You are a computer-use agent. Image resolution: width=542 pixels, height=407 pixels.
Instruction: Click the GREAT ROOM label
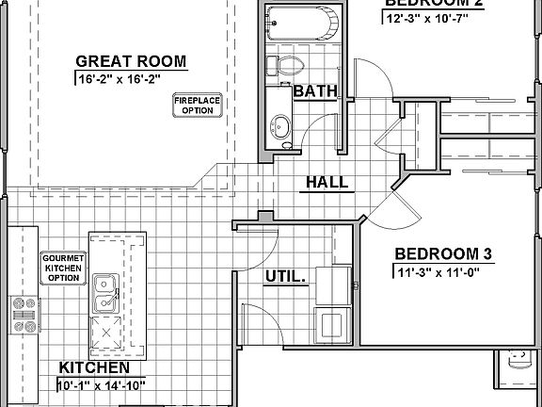[x=131, y=62]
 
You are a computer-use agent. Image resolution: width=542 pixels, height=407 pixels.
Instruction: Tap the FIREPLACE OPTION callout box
[x=197, y=105]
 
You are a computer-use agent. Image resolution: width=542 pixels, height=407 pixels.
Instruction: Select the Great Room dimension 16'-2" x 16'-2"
[x=131, y=80]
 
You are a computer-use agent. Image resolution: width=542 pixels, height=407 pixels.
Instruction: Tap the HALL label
[x=326, y=182]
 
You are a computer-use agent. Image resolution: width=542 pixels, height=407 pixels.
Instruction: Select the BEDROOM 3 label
[x=443, y=253]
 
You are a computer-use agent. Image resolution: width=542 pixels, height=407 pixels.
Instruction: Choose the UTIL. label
[x=285, y=277]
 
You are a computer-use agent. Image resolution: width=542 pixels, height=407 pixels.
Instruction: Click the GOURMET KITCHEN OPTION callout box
[x=62, y=268]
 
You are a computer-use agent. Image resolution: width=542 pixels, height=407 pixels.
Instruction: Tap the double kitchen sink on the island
[x=105, y=294]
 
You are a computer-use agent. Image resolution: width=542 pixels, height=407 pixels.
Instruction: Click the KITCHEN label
[x=94, y=366]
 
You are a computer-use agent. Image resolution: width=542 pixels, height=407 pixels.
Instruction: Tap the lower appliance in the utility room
[x=333, y=323]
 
